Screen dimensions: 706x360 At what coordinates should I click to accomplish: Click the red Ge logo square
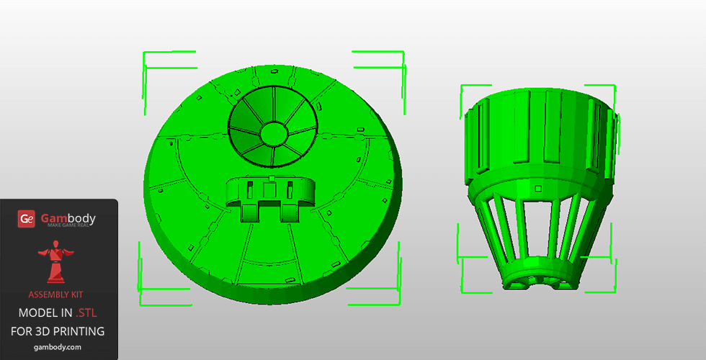pyautogui.click(x=26, y=219)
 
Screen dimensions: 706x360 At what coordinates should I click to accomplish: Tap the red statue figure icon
pyautogui.click(x=55, y=261)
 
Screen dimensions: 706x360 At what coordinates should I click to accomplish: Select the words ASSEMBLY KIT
pyautogui.click(x=56, y=294)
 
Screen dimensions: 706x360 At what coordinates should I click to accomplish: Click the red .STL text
pyautogui.click(x=86, y=312)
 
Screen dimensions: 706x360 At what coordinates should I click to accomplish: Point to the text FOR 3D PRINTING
pyautogui.click(x=58, y=331)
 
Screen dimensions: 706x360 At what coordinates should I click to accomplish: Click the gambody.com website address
pyautogui.click(x=58, y=347)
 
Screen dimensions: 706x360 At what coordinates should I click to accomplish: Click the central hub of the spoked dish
pyautogui.click(x=274, y=132)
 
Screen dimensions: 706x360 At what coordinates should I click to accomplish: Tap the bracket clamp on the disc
pyautogui.click(x=270, y=198)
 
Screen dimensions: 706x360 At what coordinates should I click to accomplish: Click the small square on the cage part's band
pyautogui.click(x=537, y=189)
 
